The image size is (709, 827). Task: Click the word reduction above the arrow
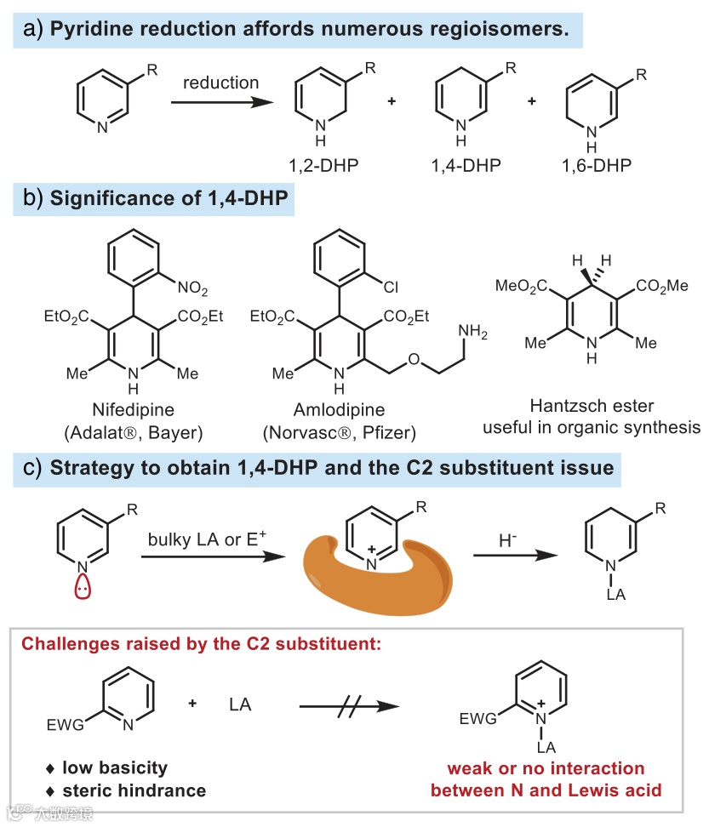pyautogui.click(x=220, y=83)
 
